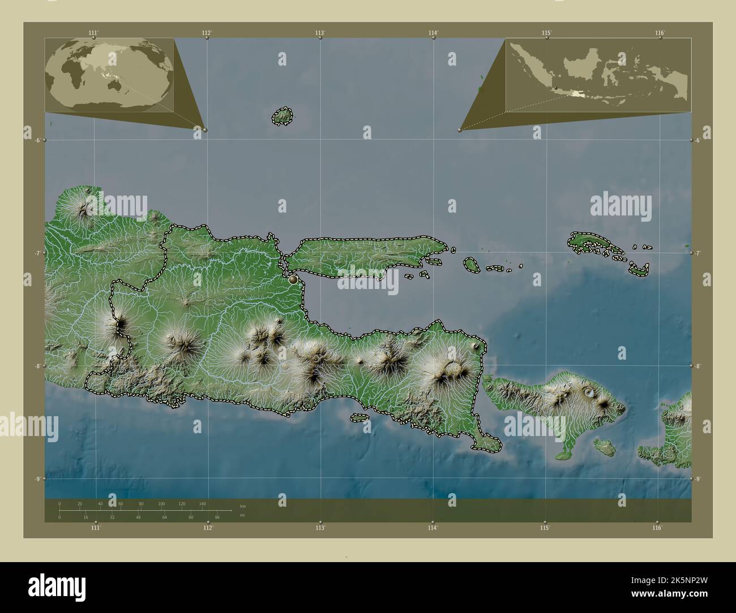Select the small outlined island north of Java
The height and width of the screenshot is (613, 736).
[282, 116]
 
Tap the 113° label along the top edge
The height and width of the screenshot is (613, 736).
[320, 33]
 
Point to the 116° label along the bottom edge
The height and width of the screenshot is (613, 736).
[657, 528]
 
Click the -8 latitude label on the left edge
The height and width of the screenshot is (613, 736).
[38, 366]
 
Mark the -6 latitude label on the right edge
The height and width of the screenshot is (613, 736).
[699, 140]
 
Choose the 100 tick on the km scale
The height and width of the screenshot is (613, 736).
[161, 503]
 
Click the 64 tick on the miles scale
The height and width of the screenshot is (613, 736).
[165, 517]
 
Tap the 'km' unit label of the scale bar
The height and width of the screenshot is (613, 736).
[243, 506]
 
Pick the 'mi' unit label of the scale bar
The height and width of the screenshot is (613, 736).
[243, 516]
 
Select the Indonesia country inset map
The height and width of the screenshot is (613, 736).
[598, 75]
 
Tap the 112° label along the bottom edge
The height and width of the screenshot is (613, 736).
[208, 528]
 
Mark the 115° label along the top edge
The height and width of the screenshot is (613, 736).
[546, 33]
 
